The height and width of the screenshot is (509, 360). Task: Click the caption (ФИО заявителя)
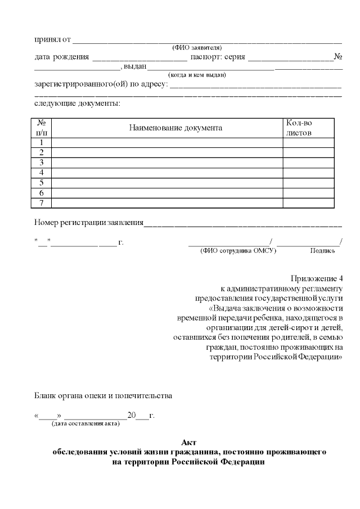click(196, 47)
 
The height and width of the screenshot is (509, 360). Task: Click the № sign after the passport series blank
click(339, 57)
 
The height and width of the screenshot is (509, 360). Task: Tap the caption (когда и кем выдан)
click(197, 74)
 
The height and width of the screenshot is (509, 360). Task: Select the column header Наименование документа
click(175, 128)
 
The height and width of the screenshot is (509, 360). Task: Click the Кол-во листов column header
click(299, 128)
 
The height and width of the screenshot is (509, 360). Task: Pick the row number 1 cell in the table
click(41, 142)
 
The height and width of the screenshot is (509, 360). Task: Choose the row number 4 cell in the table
click(41, 173)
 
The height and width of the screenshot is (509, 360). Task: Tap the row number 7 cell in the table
click(41, 203)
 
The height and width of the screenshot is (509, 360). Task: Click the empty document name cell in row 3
click(167, 163)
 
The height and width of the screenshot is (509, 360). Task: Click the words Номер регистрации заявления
click(89, 222)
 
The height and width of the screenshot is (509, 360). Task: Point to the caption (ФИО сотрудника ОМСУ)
click(238, 251)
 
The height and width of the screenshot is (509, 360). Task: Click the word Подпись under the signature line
click(322, 251)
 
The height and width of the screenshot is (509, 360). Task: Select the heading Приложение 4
click(316, 279)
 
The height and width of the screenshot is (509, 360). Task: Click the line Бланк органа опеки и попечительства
click(103, 395)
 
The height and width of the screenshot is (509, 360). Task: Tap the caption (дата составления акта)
click(85, 424)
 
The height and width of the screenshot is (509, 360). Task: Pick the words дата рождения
click(61, 57)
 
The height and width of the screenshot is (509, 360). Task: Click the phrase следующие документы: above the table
click(77, 103)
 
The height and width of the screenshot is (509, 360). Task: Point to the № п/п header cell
click(41, 128)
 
